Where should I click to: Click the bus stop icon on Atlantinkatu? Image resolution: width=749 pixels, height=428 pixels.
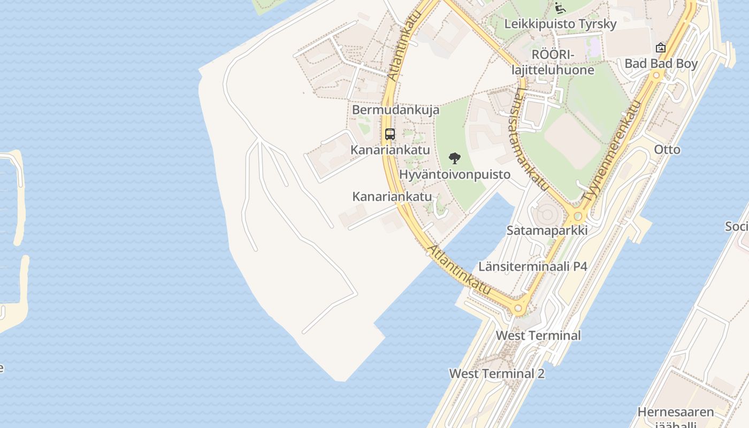pyautogui.click(x=389, y=134)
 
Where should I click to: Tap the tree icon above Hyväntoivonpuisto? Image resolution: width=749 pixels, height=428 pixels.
pyautogui.click(x=454, y=158)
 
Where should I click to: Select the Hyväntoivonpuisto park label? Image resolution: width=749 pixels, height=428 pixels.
pyautogui.click(x=455, y=175)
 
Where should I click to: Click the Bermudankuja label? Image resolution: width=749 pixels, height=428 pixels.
pyautogui.click(x=395, y=110)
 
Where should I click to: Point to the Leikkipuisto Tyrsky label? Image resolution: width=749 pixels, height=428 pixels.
pyautogui.click(x=560, y=24)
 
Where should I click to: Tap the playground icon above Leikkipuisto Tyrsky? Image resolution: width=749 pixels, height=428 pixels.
pyautogui.click(x=560, y=7)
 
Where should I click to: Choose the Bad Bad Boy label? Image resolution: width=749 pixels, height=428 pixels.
pyautogui.click(x=661, y=64)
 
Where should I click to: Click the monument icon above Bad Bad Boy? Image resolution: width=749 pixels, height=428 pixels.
pyautogui.click(x=661, y=48)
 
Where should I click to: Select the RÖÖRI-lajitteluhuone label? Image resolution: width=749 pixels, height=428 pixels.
pyautogui.click(x=552, y=63)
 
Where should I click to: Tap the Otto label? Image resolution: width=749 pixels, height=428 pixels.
pyautogui.click(x=667, y=150)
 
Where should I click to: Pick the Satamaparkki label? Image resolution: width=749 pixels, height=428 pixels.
pyautogui.click(x=547, y=231)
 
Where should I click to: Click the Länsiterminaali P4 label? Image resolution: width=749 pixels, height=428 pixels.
pyautogui.click(x=533, y=266)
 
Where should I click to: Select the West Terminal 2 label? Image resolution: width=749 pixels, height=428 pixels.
pyautogui.click(x=496, y=373)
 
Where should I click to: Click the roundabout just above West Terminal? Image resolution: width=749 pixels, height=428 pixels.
pyautogui.click(x=517, y=308)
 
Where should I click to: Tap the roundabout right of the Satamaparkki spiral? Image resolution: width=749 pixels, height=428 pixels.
pyautogui.click(x=578, y=217)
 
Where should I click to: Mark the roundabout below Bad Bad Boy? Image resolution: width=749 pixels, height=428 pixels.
pyautogui.click(x=658, y=76)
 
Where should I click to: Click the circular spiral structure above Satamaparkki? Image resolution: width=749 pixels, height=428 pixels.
pyautogui.click(x=547, y=215)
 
